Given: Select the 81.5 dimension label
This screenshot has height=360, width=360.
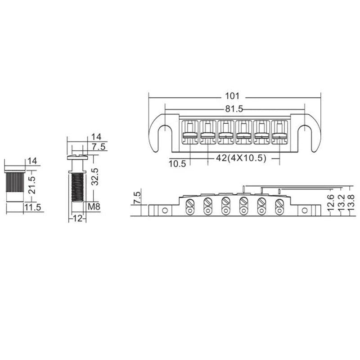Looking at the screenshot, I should tap(233, 108).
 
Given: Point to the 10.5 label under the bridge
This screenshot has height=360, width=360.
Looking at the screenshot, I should tap(177, 164).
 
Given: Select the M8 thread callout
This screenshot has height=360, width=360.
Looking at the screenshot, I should tap(94, 207).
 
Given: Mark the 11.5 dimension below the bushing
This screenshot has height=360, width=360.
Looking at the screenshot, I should tap(33, 207).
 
